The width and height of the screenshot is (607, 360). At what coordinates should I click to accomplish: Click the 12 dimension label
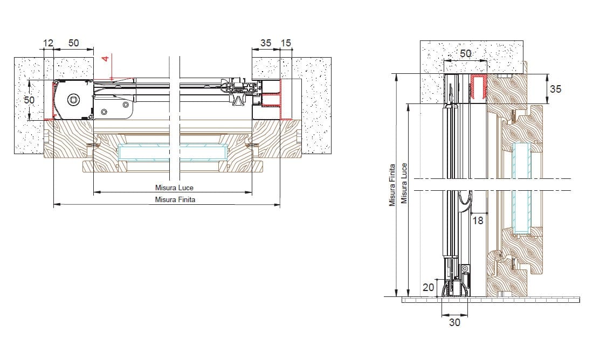click(x=48, y=43)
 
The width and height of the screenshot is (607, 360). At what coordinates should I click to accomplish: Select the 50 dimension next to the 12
click(x=73, y=43)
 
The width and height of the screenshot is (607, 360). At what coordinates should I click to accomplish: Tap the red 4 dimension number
click(x=105, y=59)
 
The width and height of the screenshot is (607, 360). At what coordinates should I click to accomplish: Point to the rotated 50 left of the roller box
click(x=30, y=100)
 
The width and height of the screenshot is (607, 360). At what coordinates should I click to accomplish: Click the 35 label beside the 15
click(x=266, y=43)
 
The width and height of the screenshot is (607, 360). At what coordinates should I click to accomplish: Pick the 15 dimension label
click(x=286, y=43)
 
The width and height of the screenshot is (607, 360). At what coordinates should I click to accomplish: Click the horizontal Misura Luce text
click(x=174, y=188)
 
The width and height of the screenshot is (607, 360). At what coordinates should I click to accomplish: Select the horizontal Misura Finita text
click(x=175, y=200)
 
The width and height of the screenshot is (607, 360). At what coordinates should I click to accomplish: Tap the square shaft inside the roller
click(x=73, y=100)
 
